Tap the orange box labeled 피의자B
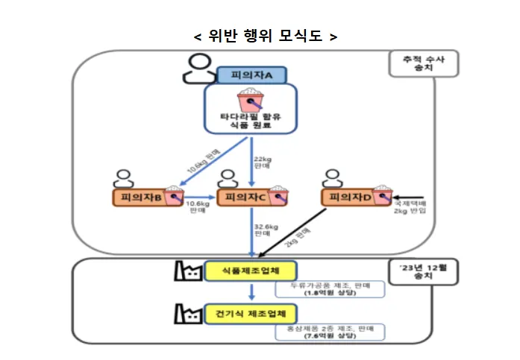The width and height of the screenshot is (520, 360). point(148,198)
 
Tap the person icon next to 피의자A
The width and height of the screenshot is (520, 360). point(197,69)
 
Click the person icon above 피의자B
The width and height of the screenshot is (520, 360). point(122,179)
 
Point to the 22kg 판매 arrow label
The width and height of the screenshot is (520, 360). point(263,163)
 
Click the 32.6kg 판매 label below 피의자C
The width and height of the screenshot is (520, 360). point(266,230)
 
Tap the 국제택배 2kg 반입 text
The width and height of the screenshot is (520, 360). point(410,206)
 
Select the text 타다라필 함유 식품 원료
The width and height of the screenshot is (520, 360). point(251,121)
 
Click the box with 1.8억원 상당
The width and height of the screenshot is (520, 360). point(329,290)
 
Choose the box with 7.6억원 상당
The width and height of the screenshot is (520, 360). point(329,332)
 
